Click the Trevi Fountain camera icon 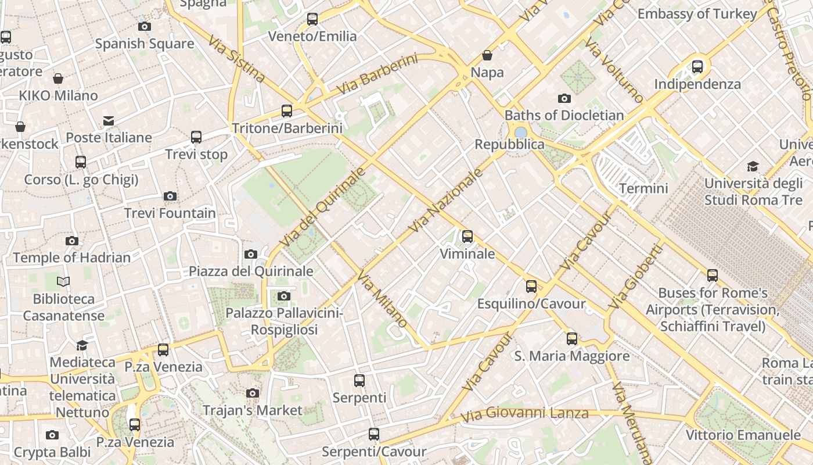(170, 196)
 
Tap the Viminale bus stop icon (467, 237)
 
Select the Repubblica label (509, 144)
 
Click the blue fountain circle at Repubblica (521, 133)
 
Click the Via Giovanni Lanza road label (524, 414)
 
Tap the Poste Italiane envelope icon (109, 120)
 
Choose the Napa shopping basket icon (487, 55)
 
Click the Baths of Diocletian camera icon (564, 98)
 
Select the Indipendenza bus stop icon (697, 67)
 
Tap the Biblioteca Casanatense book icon (63, 282)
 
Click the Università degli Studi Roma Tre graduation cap (753, 167)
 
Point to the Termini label (643, 188)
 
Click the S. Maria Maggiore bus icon (572, 339)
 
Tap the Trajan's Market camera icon (252, 394)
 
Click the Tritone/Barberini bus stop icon (287, 111)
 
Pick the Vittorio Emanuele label (743, 435)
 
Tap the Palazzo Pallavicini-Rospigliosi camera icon (283, 296)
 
